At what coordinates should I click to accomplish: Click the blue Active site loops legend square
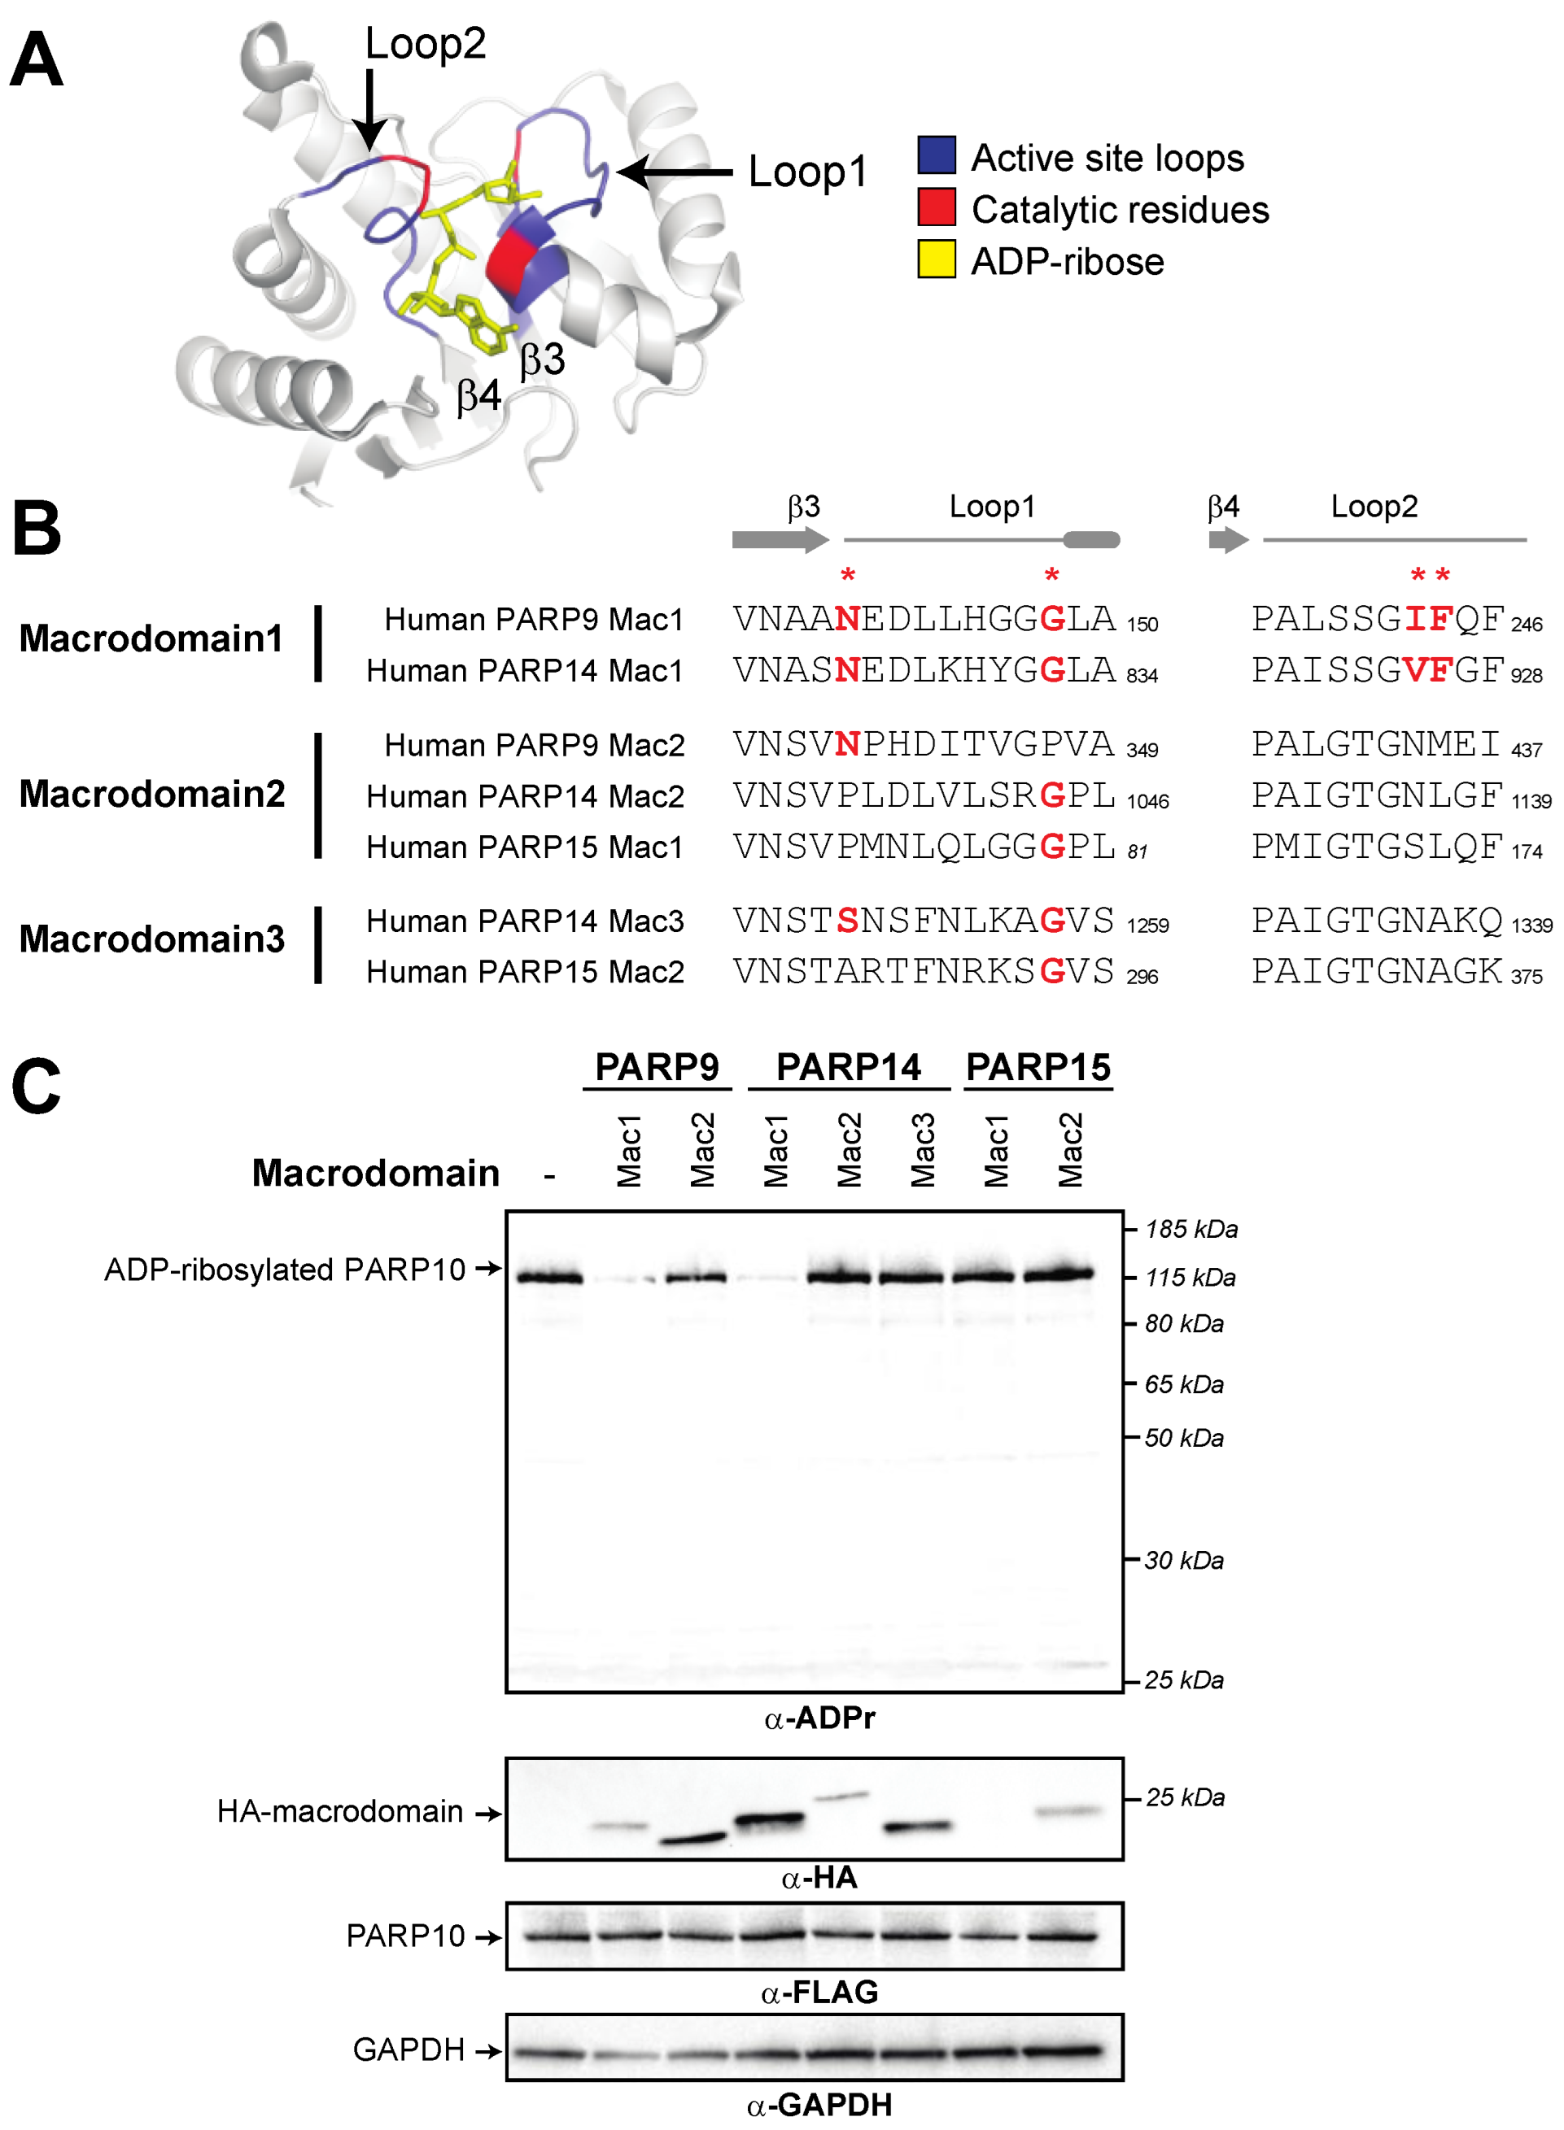click(935, 155)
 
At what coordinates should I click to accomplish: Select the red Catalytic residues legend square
click(935, 207)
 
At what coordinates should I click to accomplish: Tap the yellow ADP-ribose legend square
click(935, 259)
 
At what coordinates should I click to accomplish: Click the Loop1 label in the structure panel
click(807, 172)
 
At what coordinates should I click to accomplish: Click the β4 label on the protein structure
click(479, 395)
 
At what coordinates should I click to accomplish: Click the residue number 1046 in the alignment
click(1147, 801)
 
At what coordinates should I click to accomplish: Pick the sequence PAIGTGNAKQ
click(1377, 920)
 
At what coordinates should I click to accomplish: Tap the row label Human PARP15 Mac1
click(525, 847)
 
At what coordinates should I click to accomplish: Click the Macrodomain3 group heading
click(151, 939)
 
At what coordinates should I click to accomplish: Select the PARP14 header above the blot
click(848, 1067)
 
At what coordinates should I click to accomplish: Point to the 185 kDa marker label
click(1191, 1229)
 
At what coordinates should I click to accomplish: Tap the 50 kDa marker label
click(1183, 1438)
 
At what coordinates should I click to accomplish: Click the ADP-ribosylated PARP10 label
click(284, 1269)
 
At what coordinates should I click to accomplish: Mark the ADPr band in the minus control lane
click(549, 1278)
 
